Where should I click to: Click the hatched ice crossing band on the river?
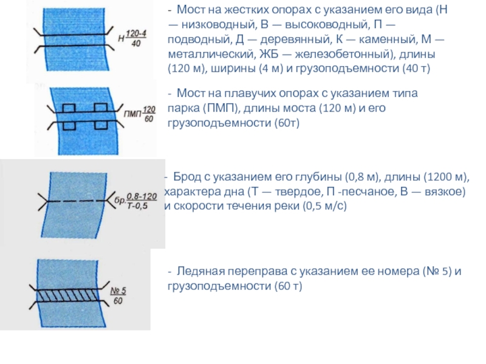pyautogui.click(x=70, y=294)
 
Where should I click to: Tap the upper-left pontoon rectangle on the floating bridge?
pyautogui.click(x=69, y=107)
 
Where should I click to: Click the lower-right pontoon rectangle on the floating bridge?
pyautogui.click(x=100, y=125)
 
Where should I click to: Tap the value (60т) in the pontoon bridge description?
pyautogui.click(x=285, y=123)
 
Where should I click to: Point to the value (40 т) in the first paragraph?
pyautogui.click(x=416, y=69)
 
